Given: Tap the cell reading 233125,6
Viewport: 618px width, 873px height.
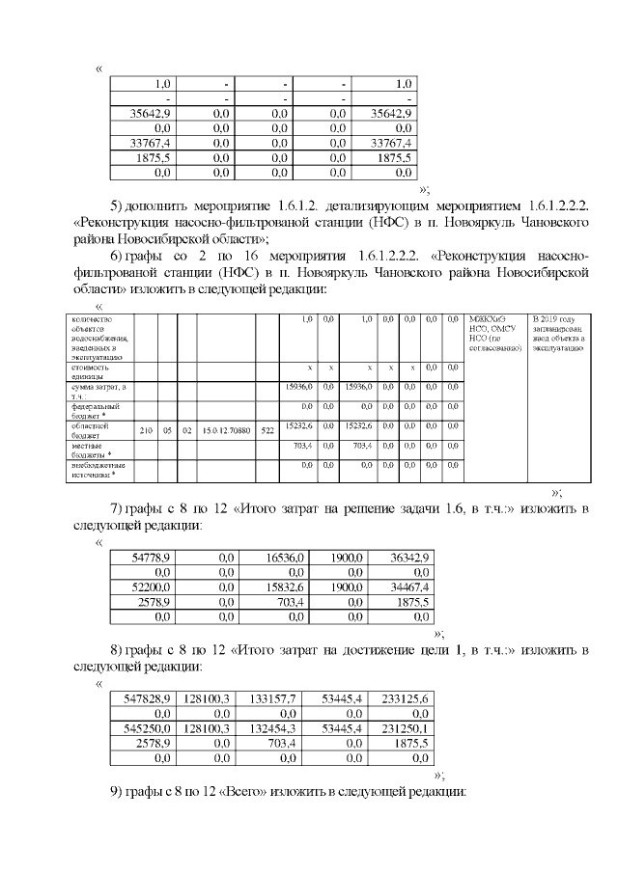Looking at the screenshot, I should pos(407,697).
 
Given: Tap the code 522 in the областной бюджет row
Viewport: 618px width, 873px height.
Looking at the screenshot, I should pos(267,430).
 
